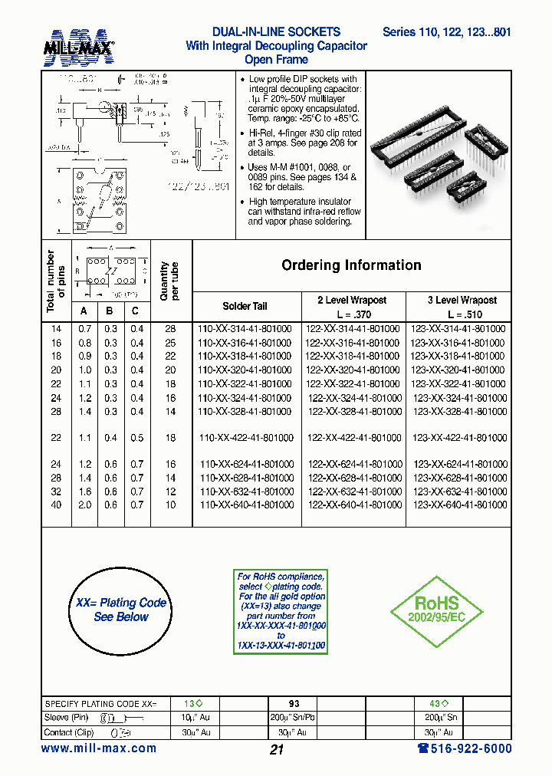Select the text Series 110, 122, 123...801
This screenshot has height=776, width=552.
point(446,32)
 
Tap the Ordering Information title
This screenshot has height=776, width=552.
point(351,265)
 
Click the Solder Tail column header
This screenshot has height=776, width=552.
point(245,306)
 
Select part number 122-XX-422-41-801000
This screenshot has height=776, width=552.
point(353,438)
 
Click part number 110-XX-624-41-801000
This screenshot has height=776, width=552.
point(246,465)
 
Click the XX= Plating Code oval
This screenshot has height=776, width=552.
point(121,610)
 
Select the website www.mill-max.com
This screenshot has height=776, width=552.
point(99,748)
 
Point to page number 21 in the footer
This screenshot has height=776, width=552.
point(277,750)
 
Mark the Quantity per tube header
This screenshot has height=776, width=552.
point(169,281)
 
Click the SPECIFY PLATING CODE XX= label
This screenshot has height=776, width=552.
point(100,703)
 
